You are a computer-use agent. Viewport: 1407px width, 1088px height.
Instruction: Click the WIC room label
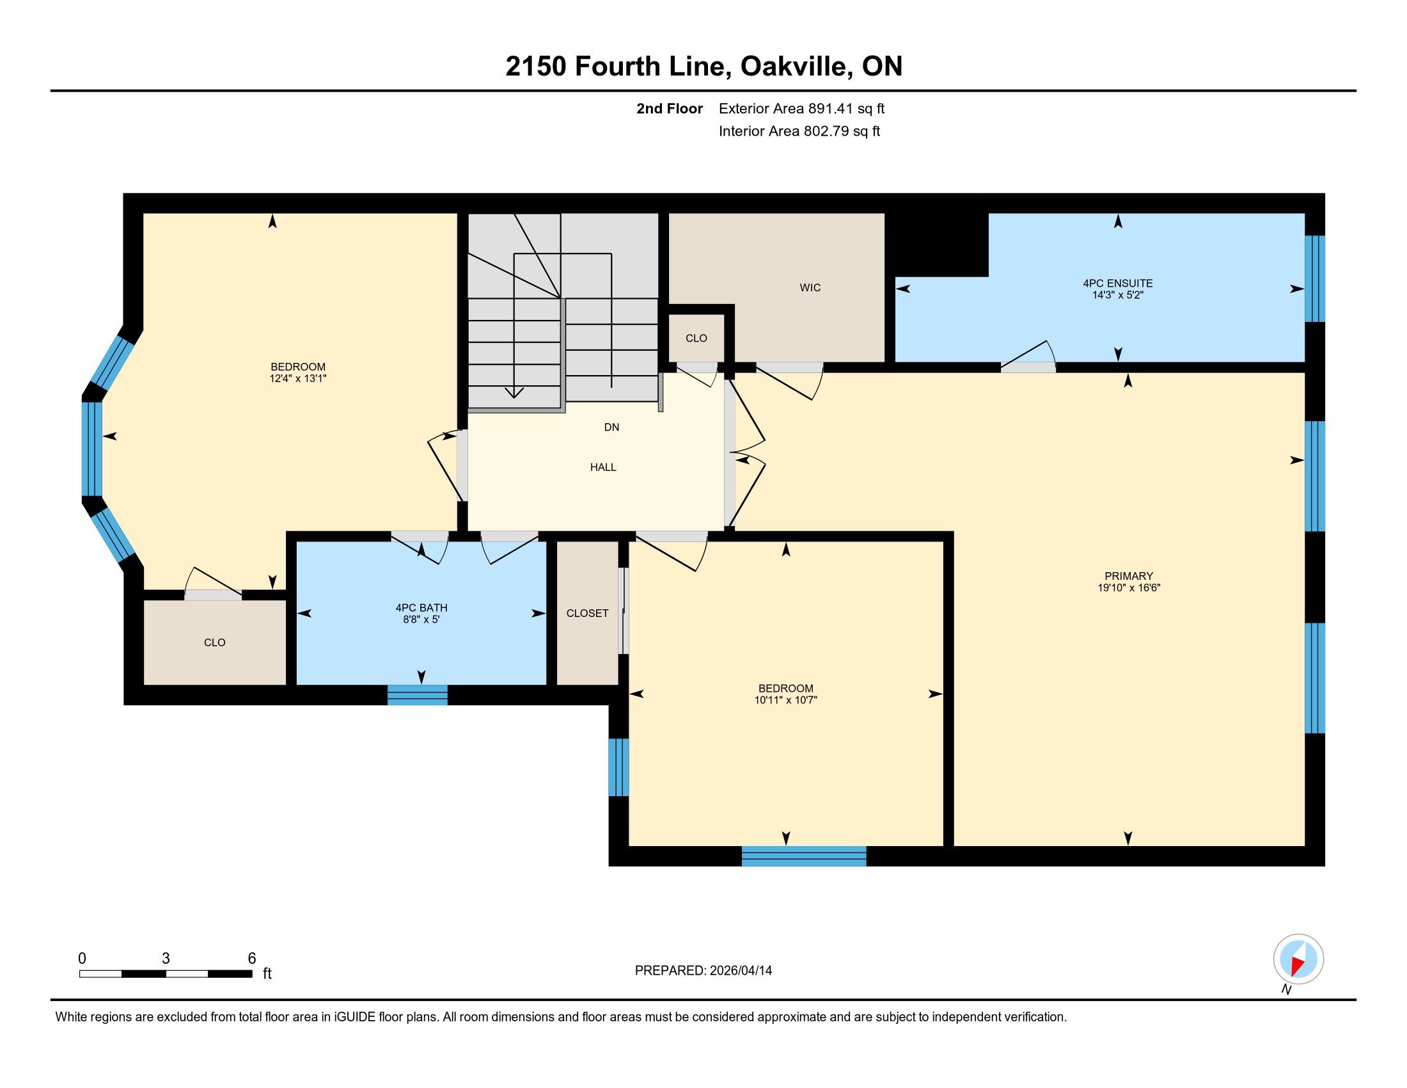810,287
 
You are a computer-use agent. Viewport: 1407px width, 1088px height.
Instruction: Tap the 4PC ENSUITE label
1118,283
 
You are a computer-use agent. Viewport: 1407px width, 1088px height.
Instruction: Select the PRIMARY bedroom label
1129,576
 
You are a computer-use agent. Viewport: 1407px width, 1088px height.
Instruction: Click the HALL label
603,467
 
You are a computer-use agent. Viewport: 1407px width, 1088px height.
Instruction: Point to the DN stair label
611,428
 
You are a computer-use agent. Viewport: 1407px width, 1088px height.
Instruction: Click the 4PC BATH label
421,608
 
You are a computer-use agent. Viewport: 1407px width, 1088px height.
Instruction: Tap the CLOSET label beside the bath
588,614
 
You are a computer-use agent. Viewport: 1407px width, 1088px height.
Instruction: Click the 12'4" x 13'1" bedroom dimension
298,379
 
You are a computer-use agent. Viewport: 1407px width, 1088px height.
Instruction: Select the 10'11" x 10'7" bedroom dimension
786,700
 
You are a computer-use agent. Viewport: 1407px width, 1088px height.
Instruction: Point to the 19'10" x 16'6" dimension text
1129,588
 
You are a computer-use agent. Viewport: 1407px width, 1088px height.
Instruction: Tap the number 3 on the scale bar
166,959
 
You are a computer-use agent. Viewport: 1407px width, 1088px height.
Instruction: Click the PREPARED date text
703,971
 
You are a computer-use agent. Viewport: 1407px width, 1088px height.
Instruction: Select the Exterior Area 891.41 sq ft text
801,108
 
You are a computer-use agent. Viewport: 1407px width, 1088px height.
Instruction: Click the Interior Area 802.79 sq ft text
799,131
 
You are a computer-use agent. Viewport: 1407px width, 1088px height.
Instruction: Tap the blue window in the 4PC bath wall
418,695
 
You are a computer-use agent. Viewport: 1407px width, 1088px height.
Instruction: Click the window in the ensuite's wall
1315,278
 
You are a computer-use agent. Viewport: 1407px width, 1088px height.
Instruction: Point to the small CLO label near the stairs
696,339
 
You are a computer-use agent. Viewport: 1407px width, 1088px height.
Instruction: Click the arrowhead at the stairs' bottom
514,392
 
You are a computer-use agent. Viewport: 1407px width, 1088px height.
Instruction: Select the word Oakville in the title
794,67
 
